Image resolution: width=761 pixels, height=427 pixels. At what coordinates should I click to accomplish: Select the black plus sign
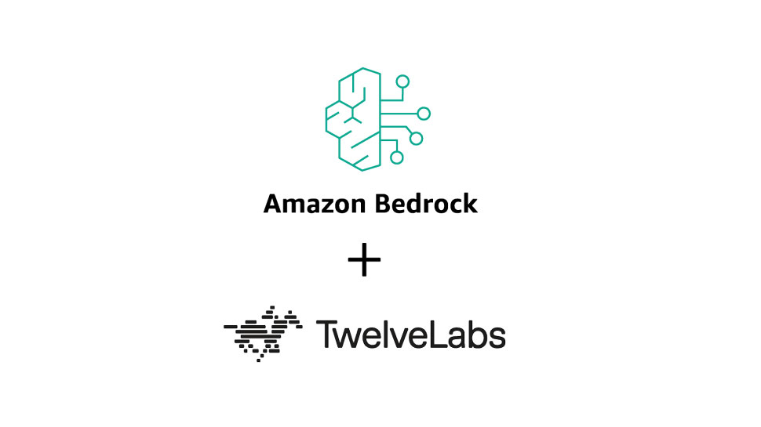364,262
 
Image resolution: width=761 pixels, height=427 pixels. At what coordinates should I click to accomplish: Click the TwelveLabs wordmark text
410,334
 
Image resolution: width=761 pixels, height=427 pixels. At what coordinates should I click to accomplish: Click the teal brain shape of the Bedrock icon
352,119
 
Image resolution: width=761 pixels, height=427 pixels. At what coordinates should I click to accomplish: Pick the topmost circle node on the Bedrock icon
402,81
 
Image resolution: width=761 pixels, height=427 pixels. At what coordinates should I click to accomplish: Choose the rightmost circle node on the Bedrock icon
424,114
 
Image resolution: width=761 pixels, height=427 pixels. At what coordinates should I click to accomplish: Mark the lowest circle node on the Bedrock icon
397,157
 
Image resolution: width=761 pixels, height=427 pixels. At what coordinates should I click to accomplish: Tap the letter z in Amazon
319,205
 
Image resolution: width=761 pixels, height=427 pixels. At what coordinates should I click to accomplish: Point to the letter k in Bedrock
470,204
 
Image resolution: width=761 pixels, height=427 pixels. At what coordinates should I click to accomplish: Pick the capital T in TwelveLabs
325,334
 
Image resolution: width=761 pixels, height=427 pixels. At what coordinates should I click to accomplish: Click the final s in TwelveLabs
497,337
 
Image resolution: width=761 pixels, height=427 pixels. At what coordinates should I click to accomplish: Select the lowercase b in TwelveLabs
477,335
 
